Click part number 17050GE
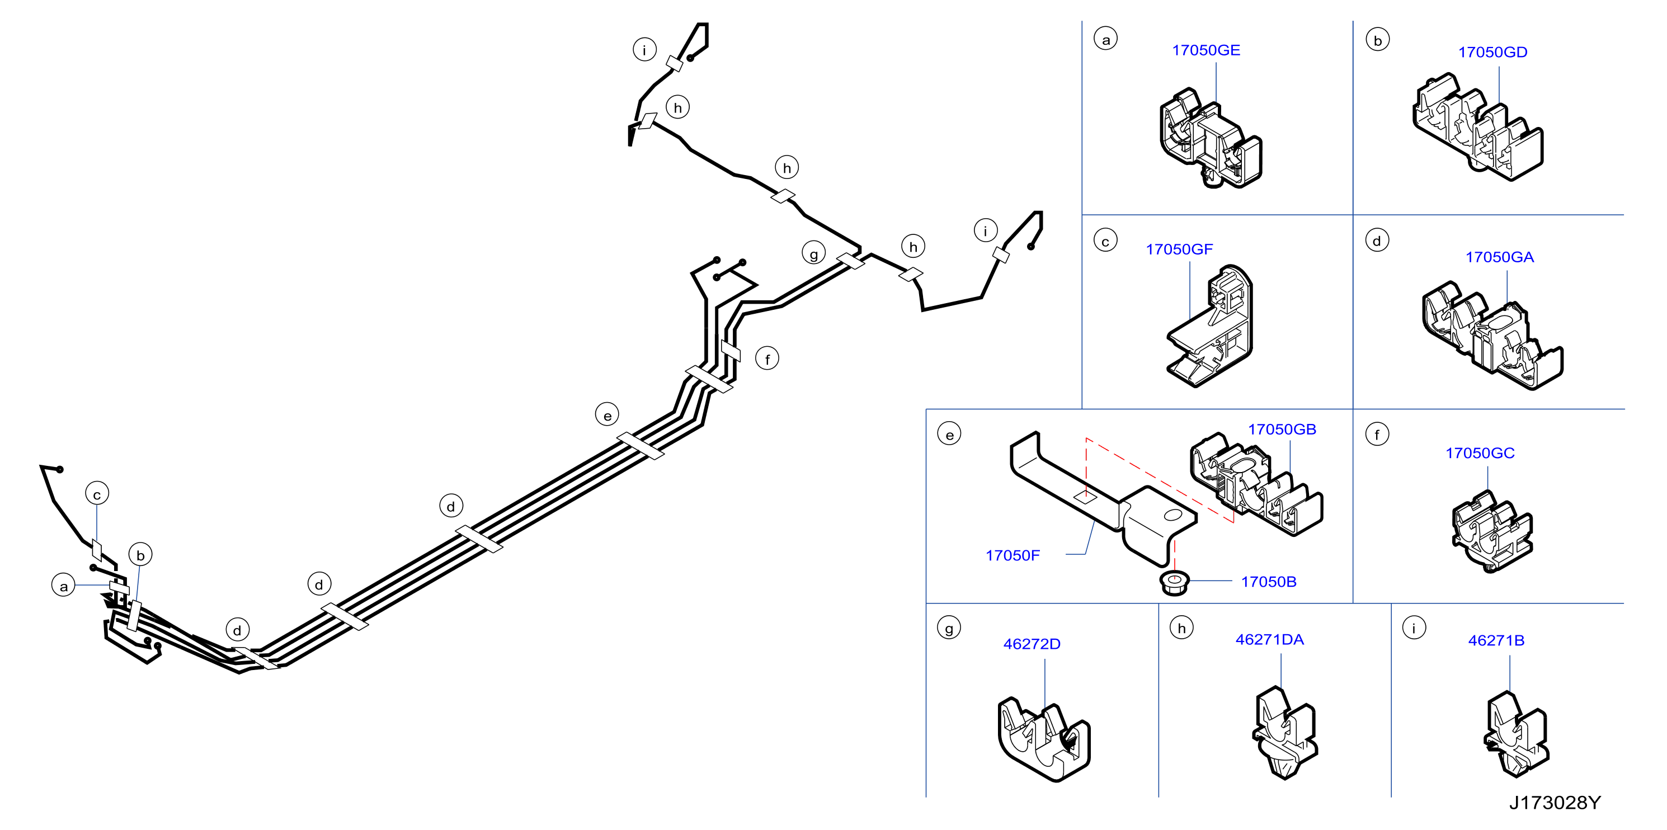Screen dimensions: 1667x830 point(1205,50)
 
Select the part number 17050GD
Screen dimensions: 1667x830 point(1492,53)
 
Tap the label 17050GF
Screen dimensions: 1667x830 point(1179,249)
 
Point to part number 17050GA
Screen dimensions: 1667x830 point(1499,257)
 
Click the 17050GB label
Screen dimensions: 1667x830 point(1282,430)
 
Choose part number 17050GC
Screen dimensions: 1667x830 point(1480,454)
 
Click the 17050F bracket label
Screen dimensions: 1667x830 point(1012,556)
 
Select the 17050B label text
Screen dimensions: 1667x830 point(1268,582)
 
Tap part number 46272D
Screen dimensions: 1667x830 point(1032,644)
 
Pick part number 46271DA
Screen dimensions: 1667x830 point(1270,640)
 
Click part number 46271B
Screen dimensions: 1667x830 point(1496,640)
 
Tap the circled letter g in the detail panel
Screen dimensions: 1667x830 point(949,628)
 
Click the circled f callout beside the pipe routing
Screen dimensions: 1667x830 point(767,359)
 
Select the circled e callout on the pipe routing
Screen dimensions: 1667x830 point(607,414)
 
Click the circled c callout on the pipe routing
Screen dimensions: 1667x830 point(97,494)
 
